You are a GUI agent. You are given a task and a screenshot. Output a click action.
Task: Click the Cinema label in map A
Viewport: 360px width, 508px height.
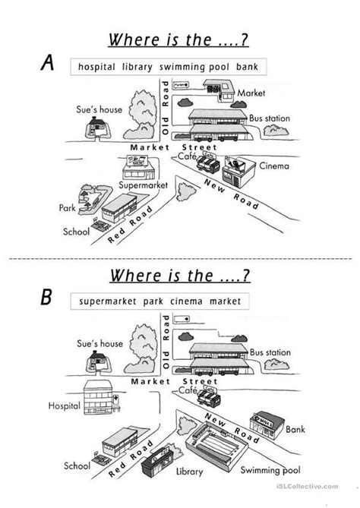coord(273,166)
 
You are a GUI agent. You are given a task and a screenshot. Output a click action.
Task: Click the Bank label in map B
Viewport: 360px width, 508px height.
coord(295,429)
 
